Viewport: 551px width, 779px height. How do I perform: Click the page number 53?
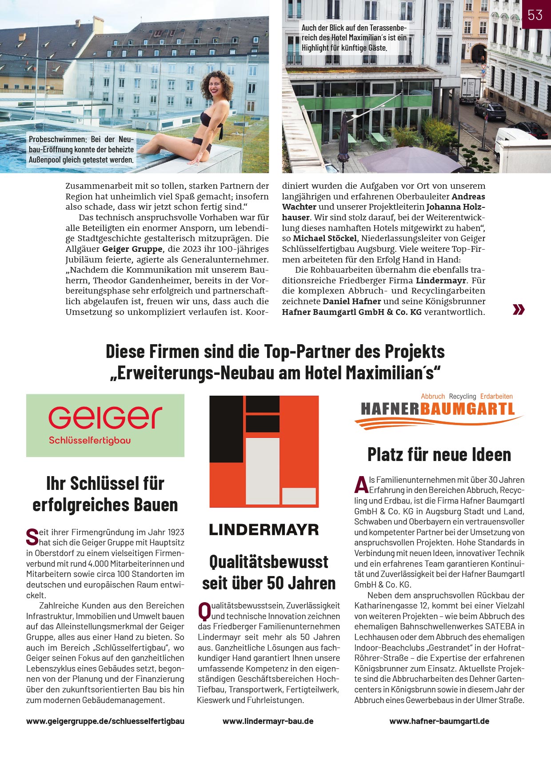[x=535, y=15]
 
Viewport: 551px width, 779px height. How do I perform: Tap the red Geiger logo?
[x=105, y=417]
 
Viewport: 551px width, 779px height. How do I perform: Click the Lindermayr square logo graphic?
[x=264, y=451]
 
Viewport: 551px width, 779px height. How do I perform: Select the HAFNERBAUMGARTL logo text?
[x=437, y=409]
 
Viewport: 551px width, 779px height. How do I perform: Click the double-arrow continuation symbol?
[x=519, y=310]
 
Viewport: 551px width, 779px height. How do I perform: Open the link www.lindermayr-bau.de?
[x=268, y=721]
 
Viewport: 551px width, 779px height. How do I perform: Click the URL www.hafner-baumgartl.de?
[x=439, y=721]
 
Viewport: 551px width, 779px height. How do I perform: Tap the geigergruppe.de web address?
[x=105, y=721]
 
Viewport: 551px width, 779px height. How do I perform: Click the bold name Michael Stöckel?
[x=325, y=238]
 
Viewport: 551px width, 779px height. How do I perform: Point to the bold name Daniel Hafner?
[x=351, y=302]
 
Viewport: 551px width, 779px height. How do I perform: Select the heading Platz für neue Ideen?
[x=439, y=455]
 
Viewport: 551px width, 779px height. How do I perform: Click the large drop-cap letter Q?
[x=204, y=611]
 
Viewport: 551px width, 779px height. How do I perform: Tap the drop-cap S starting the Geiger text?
[x=32, y=537]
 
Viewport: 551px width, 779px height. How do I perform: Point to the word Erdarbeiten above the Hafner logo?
[x=496, y=396]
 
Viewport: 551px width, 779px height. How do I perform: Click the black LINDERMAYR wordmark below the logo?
[x=264, y=529]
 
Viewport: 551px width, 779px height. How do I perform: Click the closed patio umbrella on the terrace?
[x=344, y=138]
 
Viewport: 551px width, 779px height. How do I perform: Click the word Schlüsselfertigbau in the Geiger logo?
[x=90, y=441]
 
